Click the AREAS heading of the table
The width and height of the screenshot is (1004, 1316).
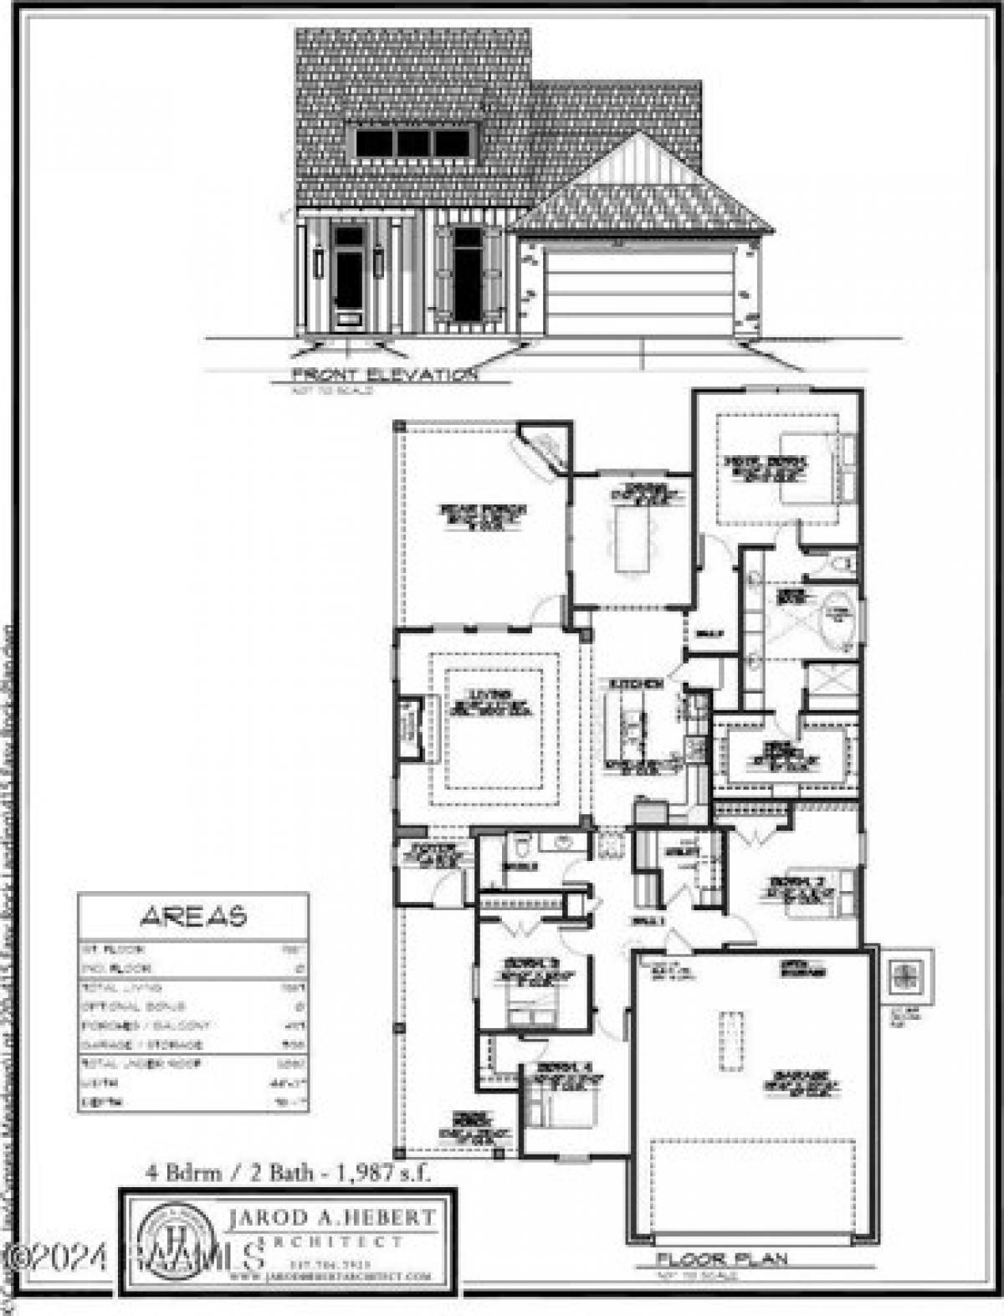coord(193,916)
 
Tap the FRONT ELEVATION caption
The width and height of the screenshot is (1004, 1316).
coord(383,375)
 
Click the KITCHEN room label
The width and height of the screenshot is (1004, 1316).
coord(636,684)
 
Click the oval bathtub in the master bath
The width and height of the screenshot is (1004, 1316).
coord(839,617)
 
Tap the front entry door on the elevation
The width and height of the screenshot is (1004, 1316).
coord(346,278)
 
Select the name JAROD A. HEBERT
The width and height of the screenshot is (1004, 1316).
coord(331,1217)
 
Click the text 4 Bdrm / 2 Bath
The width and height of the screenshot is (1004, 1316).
coord(231,1173)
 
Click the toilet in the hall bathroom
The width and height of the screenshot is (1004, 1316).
coord(521,846)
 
